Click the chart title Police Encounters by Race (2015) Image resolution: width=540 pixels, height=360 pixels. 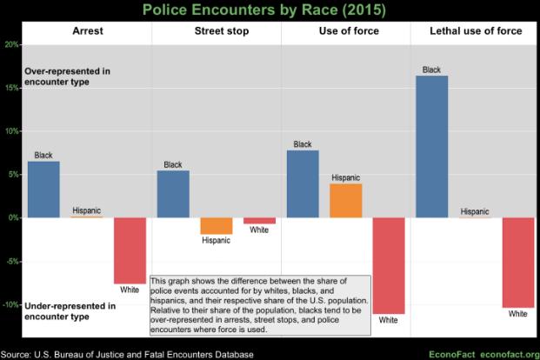coord(270,10)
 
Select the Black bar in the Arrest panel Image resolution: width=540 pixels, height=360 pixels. coord(43,189)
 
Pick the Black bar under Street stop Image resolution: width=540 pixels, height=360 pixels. coord(173,193)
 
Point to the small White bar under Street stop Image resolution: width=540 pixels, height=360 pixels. coord(259,221)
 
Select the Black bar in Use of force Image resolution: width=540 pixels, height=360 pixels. coord(303,183)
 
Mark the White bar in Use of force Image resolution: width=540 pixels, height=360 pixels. coord(389,265)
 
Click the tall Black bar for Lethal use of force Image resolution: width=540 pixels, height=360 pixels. coord(432,146)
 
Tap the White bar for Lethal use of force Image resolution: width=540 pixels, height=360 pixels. coord(518,262)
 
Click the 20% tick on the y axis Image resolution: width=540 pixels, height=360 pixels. coord(11,44)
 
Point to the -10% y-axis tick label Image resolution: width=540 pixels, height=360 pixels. coord(11,304)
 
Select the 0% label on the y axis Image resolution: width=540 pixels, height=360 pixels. coord(13,217)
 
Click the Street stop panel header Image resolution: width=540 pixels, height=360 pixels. coord(217,31)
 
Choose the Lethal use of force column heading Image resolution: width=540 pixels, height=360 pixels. coord(476,31)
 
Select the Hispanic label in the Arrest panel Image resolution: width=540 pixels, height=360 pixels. coord(87,210)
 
